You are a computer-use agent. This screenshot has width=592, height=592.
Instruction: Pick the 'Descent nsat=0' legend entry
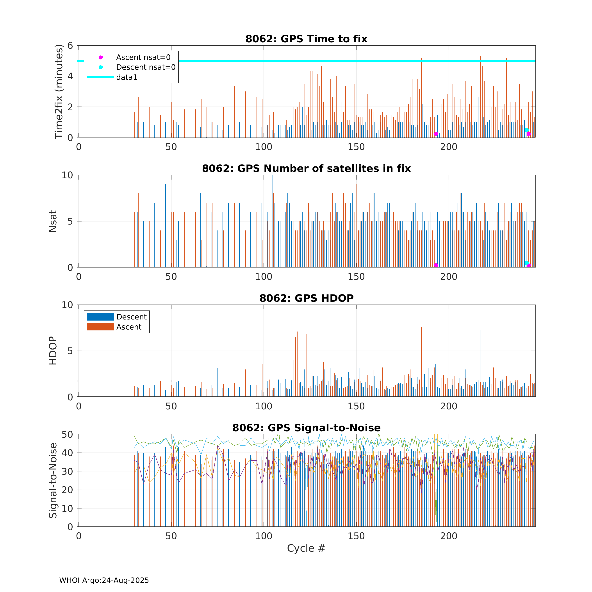click(146, 67)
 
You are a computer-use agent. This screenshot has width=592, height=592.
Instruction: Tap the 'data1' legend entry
click(127, 77)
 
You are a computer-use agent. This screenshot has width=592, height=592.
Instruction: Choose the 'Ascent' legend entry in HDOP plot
click(129, 327)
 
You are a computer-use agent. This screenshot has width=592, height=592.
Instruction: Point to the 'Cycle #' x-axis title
click(306, 548)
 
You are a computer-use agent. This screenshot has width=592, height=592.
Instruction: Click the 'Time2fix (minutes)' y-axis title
click(59, 91)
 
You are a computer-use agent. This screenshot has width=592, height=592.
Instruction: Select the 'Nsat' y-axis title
click(53, 221)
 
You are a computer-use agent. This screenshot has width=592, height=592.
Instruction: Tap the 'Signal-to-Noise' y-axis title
click(53, 480)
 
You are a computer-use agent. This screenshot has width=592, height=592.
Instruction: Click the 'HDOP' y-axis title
click(53, 351)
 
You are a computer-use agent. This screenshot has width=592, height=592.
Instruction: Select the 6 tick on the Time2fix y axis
click(70, 46)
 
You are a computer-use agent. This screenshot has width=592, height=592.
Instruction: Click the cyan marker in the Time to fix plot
click(526, 130)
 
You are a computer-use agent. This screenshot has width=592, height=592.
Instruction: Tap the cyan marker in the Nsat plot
click(526, 263)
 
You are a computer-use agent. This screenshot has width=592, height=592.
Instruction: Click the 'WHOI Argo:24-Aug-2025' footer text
click(104, 580)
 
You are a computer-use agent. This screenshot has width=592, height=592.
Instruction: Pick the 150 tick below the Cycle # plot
click(356, 536)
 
